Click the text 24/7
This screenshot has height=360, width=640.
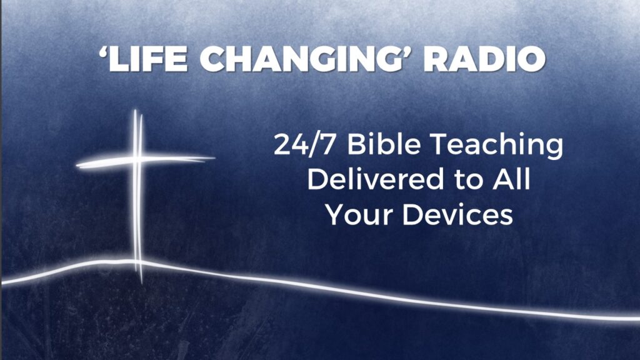[304, 145]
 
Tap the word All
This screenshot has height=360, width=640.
[511, 179]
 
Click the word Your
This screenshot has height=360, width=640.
[359, 214]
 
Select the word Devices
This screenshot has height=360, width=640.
[458, 214]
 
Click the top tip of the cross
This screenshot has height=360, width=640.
[135, 110]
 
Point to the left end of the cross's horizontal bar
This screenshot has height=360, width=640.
[77, 166]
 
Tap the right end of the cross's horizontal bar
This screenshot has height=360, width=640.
[214, 157]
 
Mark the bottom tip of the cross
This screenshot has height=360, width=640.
[141, 282]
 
